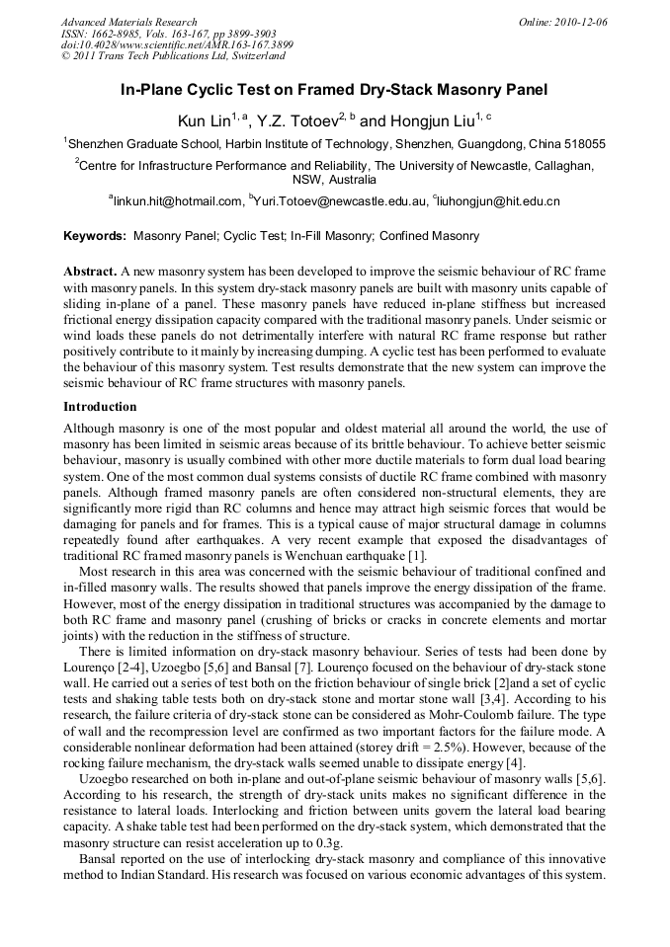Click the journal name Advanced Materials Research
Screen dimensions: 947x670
click(128, 22)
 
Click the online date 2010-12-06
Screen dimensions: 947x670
click(582, 22)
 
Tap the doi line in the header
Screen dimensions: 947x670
click(177, 45)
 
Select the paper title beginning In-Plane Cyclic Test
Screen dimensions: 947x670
click(334, 91)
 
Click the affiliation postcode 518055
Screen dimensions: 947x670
click(583, 144)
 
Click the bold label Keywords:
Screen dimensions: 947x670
click(95, 237)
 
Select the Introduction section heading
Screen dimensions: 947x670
click(100, 406)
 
